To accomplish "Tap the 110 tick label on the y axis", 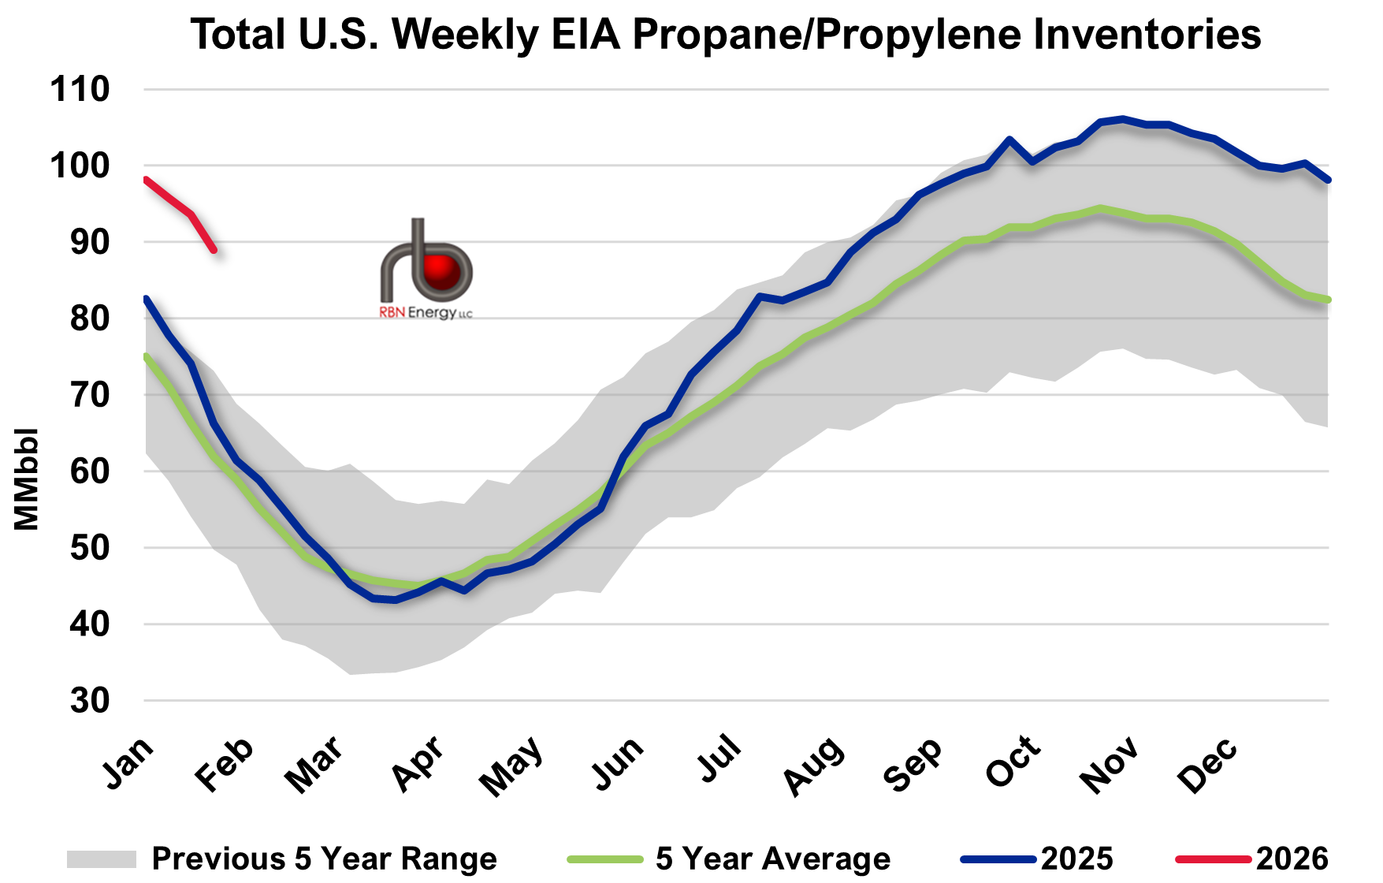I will click(x=80, y=89).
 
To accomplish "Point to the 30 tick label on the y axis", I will click(x=89, y=700).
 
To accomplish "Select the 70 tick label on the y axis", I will click(x=89, y=394).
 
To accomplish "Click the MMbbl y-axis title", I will click(x=26, y=479).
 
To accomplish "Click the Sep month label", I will click(x=913, y=765).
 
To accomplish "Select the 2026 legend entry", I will click(x=1292, y=859).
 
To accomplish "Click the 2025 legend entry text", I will click(x=1077, y=859).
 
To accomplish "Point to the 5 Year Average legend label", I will click(x=772, y=859).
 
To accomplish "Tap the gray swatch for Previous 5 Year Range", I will click(x=101, y=859).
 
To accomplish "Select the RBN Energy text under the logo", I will click(x=426, y=313).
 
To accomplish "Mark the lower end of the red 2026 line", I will click(x=214, y=251).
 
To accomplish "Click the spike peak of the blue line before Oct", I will click(x=1009, y=139).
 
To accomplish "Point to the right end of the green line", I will click(x=1329, y=300).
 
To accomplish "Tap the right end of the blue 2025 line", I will click(x=1329, y=180).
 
